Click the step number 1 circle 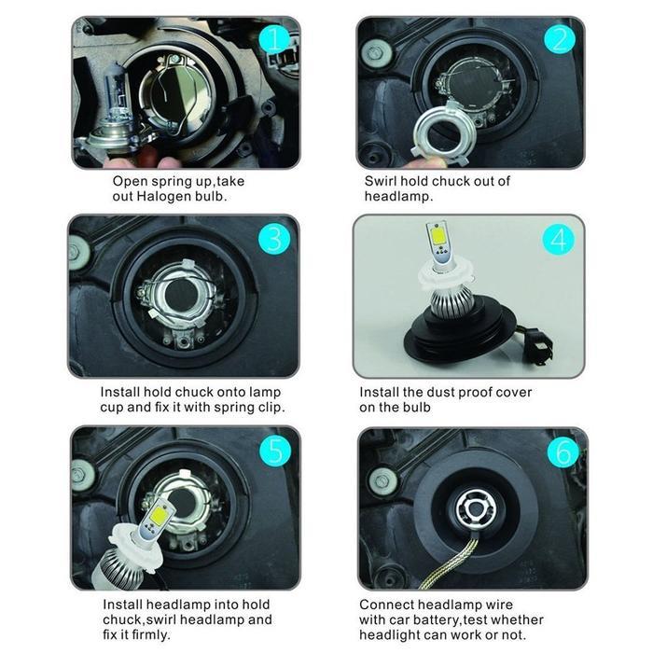click(x=271, y=39)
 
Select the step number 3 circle click(x=272, y=239)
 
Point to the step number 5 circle click(x=272, y=452)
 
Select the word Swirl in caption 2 click(x=382, y=181)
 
